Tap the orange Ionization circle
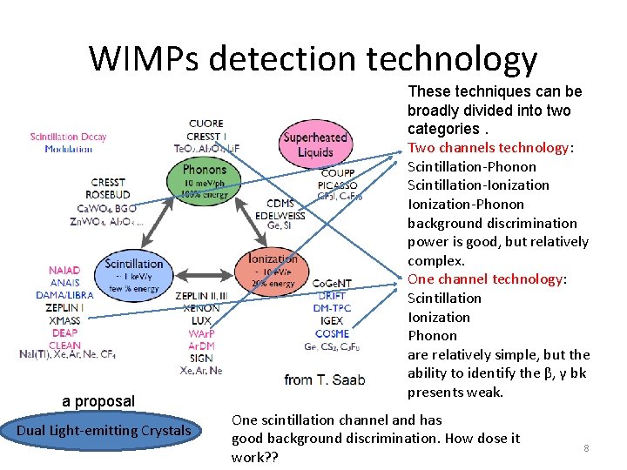click(273, 271)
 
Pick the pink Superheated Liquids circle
click(315, 144)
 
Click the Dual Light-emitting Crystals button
click(104, 431)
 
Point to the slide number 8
click(586, 448)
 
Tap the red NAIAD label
click(64, 271)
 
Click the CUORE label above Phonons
click(206, 124)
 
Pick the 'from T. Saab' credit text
click(324, 379)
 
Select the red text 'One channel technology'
click(486, 279)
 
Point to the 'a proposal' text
click(98, 401)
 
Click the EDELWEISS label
click(280, 215)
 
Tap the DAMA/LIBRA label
click(64, 296)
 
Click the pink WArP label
click(201, 333)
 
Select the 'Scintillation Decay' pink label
click(68, 137)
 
